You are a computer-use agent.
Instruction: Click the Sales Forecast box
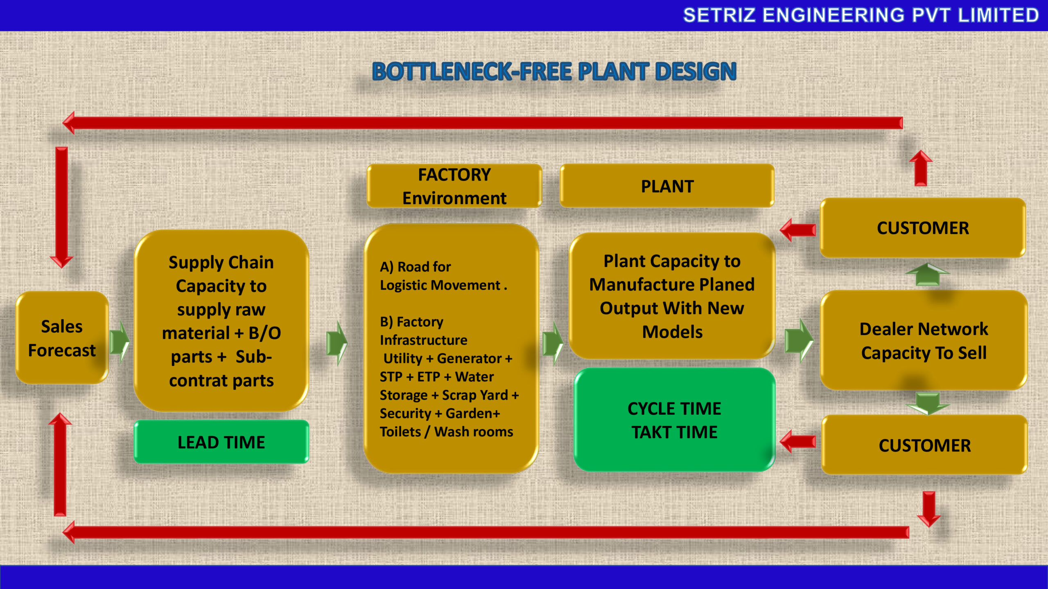point(62,338)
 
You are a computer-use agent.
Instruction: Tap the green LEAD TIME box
point(221,442)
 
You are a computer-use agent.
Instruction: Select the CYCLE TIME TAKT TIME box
point(674,420)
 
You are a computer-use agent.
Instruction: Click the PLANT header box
point(667,186)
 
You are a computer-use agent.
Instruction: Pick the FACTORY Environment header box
point(454,186)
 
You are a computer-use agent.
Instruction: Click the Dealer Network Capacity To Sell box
point(924,340)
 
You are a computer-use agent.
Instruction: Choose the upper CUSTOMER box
point(923,228)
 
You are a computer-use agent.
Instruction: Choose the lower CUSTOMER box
point(924,445)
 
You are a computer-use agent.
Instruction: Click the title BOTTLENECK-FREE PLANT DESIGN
point(554,72)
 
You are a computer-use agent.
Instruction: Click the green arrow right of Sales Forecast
point(120,342)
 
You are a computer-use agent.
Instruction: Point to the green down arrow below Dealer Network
point(927,402)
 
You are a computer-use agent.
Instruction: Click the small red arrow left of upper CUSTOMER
point(797,230)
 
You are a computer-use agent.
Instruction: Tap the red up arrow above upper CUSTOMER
point(921,168)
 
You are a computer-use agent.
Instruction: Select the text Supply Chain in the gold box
point(221,262)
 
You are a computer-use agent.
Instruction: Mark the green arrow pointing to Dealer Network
point(798,341)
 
